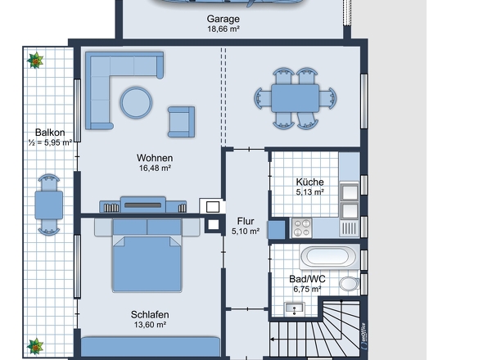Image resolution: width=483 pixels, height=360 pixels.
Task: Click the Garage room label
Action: [223, 19]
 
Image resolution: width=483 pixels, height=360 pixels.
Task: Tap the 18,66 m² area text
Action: [223, 29]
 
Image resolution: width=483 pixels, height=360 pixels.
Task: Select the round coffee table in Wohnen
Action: [136, 102]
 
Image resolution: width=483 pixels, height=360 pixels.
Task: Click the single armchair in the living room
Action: [181, 122]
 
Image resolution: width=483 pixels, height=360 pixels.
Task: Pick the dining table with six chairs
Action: [295, 98]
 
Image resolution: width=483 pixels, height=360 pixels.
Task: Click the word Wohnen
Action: [155, 158]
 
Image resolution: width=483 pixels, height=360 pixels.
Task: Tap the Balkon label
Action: [50, 133]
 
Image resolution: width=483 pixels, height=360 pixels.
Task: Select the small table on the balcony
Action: [48, 205]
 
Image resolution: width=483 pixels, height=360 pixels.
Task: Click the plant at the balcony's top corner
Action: [35, 60]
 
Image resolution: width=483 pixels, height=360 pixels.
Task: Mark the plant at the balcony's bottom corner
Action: [35, 346]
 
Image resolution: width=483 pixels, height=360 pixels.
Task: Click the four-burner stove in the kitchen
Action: [302, 228]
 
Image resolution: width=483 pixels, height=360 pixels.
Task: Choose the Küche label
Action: [309, 182]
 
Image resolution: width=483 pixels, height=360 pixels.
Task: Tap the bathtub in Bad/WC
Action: [329, 256]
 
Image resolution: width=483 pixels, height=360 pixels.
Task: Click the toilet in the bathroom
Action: [350, 284]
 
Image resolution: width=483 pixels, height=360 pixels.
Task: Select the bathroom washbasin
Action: [294, 308]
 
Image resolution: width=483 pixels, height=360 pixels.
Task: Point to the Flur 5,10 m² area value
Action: [246, 232]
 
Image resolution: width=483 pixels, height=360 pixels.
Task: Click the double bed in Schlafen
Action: [147, 255]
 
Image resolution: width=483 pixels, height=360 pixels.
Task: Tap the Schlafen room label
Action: [150, 315]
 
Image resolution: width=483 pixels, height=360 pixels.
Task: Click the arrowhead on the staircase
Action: [273, 340]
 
